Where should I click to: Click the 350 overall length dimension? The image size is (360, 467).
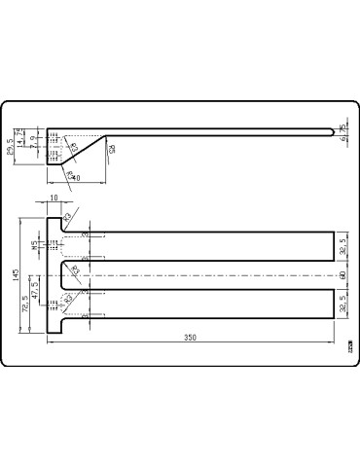click(x=191, y=338)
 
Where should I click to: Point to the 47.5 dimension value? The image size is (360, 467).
click(x=36, y=289)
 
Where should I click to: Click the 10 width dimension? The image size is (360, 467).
click(x=54, y=199)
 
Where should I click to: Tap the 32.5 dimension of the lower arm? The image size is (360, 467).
click(x=343, y=305)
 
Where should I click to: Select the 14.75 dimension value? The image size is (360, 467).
click(x=20, y=136)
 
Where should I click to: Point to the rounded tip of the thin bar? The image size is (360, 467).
click(x=334, y=129)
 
